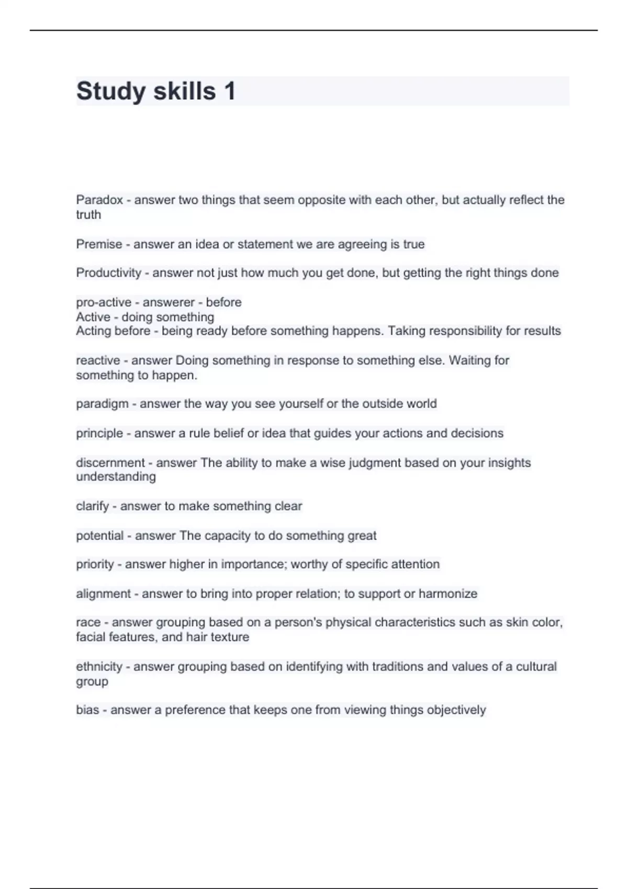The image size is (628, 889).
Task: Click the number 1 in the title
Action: click(x=229, y=91)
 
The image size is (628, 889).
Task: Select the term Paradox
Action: click(x=99, y=200)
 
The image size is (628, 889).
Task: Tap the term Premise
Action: click(x=99, y=244)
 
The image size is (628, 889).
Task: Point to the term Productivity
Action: click(x=109, y=273)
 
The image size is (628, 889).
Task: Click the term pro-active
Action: click(x=104, y=302)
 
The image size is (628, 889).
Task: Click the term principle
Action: click(x=99, y=433)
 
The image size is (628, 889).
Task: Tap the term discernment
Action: click(x=110, y=463)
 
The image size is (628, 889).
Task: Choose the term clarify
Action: click(x=93, y=506)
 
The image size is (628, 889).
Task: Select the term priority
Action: click(x=95, y=564)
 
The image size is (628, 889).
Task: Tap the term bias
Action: click(x=87, y=710)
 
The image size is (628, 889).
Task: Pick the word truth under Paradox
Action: click(x=88, y=214)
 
